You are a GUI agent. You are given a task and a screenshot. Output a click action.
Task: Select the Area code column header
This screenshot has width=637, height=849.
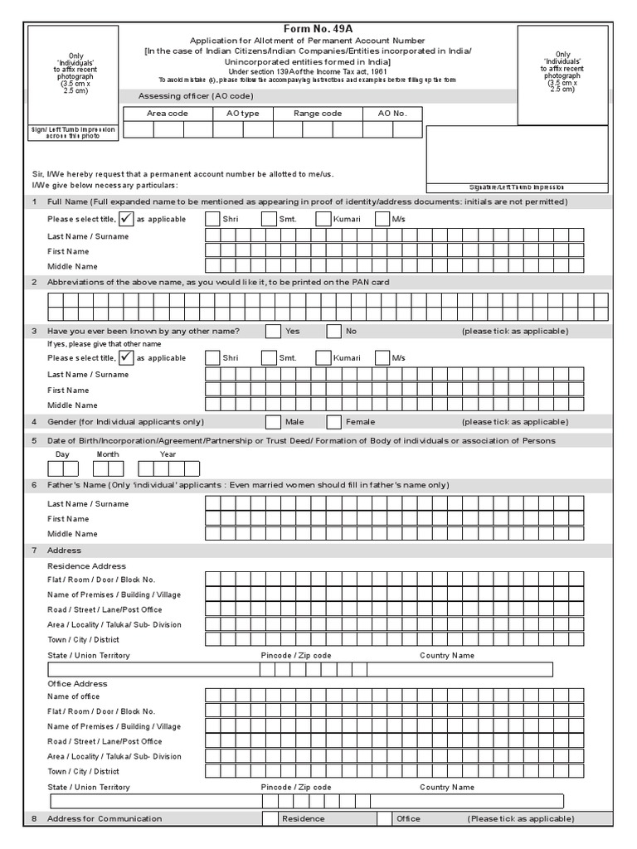click(168, 114)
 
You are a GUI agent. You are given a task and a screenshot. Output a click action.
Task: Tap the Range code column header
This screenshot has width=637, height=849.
click(318, 114)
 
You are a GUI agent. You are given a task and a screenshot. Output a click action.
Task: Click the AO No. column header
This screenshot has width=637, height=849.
click(392, 114)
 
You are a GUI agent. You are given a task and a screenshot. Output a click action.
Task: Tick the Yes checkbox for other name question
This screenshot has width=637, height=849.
click(273, 332)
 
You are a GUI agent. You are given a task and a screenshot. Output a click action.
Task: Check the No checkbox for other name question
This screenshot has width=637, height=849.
click(333, 332)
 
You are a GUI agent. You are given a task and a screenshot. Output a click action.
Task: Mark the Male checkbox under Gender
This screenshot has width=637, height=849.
click(273, 422)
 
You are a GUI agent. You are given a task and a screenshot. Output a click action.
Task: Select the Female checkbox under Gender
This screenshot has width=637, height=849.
click(333, 422)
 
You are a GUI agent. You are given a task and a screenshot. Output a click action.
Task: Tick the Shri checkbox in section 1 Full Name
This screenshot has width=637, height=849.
click(212, 220)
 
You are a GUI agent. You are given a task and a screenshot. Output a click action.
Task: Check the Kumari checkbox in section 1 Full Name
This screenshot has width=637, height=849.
click(322, 220)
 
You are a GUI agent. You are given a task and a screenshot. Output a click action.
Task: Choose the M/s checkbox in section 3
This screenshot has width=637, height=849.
click(382, 358)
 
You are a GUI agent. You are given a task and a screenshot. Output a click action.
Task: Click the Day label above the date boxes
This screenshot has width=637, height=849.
click(62, 454)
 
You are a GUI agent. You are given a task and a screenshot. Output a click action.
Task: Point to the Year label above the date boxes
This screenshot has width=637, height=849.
click(168, 454)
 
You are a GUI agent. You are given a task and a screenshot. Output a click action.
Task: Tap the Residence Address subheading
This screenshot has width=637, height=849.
click(86, 565)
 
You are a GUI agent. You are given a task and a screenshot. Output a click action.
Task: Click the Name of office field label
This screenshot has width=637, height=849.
click(74, 696)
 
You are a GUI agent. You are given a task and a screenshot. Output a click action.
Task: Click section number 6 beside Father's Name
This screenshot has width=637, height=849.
click(34, 485)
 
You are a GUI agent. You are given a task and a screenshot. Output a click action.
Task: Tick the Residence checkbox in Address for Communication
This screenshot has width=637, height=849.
click(270, 819)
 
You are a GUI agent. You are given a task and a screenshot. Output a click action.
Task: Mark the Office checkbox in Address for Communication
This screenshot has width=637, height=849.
click(383, 819)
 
